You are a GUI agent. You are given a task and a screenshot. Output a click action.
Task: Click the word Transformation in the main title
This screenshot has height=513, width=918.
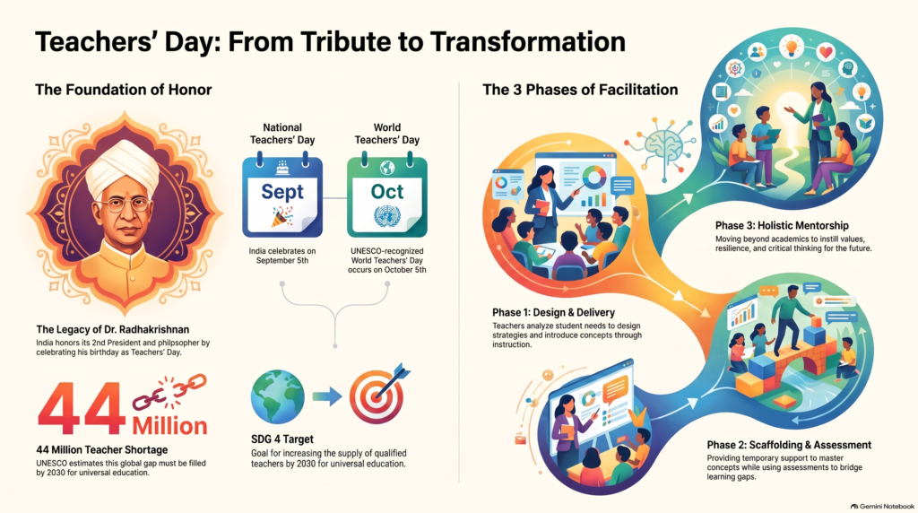tap(527, 42)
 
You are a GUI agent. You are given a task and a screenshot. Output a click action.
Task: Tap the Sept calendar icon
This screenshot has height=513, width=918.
tap(282, 195)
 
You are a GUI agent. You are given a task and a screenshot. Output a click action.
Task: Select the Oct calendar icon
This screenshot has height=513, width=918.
tap(387, 195)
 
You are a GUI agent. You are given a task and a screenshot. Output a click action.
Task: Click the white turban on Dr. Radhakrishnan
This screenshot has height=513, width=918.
tap(124, 167)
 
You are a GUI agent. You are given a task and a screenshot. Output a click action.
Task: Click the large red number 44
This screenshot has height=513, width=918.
tap(82, 409)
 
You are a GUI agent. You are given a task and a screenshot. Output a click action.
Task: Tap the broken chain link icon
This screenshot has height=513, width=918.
tap(169, 391)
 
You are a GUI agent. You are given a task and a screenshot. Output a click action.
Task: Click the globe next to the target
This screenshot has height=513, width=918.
tap(278, 396)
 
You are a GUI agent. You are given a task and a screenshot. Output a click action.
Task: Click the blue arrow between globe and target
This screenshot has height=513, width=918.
tap(327, 396)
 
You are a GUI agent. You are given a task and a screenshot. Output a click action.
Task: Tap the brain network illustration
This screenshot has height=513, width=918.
tap(663, 147)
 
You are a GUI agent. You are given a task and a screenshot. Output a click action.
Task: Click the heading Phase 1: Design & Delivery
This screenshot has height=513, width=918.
tap(553, 313)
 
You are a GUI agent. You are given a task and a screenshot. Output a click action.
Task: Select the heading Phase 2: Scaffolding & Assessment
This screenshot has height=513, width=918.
tap(789, 445)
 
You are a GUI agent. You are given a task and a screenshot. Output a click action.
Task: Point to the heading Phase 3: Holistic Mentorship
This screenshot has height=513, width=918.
tap(782, 225)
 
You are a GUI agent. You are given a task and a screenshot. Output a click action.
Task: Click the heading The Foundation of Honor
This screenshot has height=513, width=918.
tap(123, 90)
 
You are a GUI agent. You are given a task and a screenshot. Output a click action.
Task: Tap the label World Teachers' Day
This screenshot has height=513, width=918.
tap(387, 134)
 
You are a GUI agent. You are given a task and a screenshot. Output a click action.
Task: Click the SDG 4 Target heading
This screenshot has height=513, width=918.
tap(282, 439)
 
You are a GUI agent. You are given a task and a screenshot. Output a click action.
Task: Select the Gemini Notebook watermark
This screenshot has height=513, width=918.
tap(882, 506)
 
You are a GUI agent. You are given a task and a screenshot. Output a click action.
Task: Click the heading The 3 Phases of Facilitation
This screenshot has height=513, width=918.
tap(580, 90)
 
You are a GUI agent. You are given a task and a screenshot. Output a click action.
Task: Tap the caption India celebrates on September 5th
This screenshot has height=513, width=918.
tap(282, 256)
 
